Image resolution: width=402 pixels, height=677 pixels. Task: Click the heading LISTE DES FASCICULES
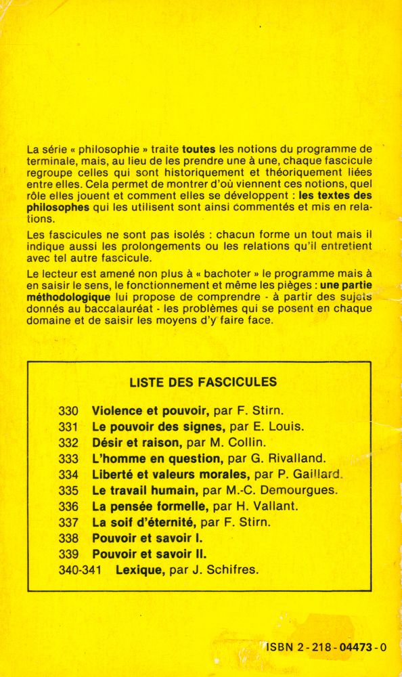203,382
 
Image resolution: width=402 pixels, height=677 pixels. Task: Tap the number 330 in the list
69,411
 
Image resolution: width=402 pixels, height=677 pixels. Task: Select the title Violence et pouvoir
140,411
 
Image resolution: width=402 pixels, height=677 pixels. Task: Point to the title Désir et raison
136,443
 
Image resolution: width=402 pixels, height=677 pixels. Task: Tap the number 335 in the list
69,490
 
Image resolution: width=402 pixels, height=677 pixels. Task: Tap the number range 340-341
81,569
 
